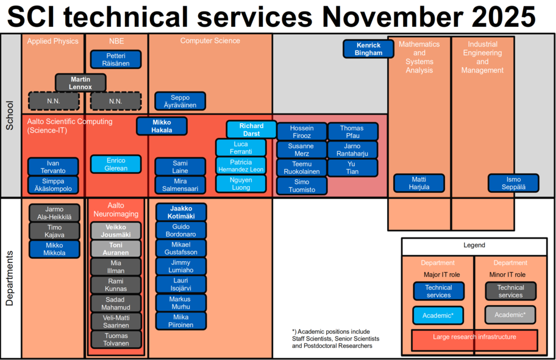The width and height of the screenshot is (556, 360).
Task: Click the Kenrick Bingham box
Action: (368, 49)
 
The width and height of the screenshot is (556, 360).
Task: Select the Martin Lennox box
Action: (80, 83)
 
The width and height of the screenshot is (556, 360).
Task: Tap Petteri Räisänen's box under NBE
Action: (116, 59)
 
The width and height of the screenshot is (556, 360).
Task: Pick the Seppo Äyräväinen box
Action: (180, 101)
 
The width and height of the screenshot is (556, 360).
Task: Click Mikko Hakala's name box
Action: (162, 126)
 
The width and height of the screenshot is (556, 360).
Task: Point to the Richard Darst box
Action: (251, 129)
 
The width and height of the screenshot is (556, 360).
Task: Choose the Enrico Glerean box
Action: (116, 164)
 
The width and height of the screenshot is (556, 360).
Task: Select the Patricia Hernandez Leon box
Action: (241, 166)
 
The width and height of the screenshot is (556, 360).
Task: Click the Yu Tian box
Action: (352, 168)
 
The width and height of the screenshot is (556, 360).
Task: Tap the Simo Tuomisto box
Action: (302, 185)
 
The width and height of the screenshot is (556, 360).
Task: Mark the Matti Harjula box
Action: (419, 183)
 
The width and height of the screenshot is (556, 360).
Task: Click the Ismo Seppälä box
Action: (513, 183)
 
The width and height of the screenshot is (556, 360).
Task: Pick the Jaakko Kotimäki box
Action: (181, 212)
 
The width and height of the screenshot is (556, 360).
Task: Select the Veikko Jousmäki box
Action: (116, 231)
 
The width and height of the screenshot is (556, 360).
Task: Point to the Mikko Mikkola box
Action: (54, 249)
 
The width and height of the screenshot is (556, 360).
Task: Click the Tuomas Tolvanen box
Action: (116, 339)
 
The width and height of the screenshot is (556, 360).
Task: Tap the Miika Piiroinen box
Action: (181, 321)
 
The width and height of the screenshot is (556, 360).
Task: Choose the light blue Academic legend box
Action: (438, 315)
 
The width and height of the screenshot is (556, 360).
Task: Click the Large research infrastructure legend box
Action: (474, 340)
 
